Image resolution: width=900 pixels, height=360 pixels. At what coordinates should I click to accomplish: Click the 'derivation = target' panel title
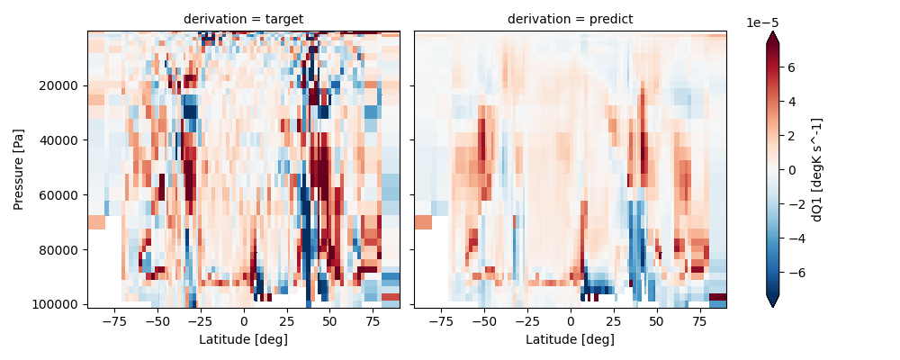pyautogui.click(x=243, y=19)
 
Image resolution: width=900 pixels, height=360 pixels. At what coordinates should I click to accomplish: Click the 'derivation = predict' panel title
pyautogui.click(x=570, y=19)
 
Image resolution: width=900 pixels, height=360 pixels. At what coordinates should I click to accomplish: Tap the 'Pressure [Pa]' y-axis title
pyautogui.click(x=19, y=169)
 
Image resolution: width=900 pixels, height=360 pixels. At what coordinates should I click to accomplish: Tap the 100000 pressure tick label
pyautogui.click(x=59, y=304)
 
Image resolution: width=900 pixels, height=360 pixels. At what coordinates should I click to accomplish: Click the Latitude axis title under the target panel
pyautogui.click(x=243, y=339)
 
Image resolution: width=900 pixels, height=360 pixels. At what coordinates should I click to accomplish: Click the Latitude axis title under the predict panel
pyautogui.click(x=570, y=339)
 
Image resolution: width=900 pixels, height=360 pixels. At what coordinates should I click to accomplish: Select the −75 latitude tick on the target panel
pyautogui.click(x=113, y=321)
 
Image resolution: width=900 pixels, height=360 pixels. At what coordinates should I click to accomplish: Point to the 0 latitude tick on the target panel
pyautogui.click(x=243, y=321)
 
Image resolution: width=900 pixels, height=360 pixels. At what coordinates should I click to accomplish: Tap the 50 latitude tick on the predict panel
pyautogui.click(x=657, y=321)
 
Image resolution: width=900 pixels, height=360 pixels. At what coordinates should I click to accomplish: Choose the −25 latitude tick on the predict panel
pyautogui.click(x=526, y=321)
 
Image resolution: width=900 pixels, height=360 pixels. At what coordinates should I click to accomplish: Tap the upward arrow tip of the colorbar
pyautogui.click(x=772, y=33)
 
